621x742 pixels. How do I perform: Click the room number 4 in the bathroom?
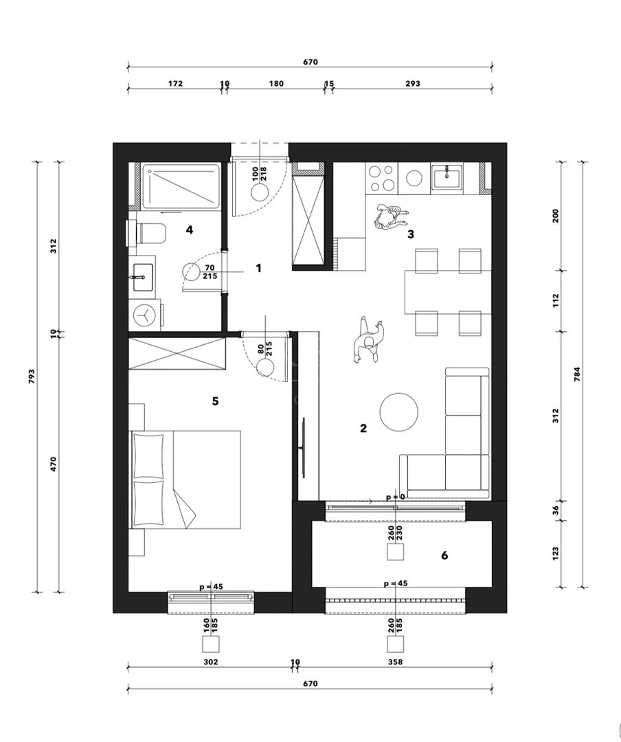click(190, 230)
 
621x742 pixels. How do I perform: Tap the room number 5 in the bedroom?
click(216, 401)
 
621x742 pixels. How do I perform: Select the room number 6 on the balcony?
click(444, 555)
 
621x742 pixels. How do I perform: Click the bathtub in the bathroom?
click(181, 186)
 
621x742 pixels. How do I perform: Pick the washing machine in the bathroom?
click(145, 315)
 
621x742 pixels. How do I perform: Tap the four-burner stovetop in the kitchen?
click(382, 178)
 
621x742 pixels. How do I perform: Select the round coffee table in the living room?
click(399, 412)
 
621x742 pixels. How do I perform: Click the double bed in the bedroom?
click(185, 480)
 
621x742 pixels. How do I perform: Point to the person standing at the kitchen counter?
click(390, 217)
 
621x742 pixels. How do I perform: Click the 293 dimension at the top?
click(413, 83)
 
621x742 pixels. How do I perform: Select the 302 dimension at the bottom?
click(211, 662)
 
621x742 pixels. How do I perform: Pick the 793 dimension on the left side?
click(32, 376)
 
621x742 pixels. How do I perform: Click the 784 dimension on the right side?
click(577, 374)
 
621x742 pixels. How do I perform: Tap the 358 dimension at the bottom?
click(395, 662)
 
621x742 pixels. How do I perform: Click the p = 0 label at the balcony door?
click(396, 497)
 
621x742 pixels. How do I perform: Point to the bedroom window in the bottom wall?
click(211, 602)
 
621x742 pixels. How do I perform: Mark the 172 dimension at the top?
click(175, 83)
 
